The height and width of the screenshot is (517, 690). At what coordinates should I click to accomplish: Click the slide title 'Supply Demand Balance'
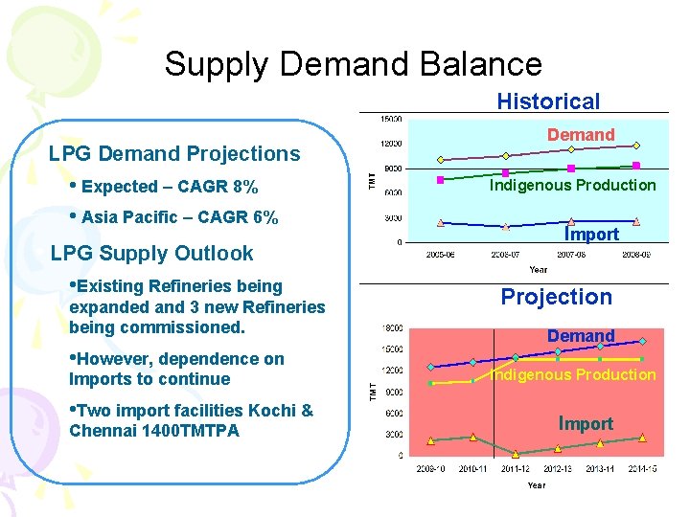(x=353, y=64)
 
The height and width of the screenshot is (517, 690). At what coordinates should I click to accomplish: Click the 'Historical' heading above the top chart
(x=548, y=101)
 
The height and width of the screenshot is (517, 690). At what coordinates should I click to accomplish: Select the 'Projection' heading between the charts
(x=556, y=297)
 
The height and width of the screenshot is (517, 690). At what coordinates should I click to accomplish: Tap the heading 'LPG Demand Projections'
(x=174, y=153)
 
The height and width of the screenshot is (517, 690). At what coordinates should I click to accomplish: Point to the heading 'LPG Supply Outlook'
(x=151, y=254)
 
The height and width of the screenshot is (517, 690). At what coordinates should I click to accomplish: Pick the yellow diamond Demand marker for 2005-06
(x=441, y=160)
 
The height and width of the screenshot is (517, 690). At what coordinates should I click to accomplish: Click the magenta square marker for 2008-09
(x=636, y=166)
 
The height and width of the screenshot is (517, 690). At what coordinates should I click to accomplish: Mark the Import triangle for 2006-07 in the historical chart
(x=506, y=227)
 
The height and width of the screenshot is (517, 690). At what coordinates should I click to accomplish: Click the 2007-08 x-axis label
(x=571, y=256)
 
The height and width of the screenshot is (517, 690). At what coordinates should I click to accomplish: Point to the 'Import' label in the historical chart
(x=591, y=234)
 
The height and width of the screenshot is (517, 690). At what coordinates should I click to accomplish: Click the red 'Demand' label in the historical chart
(x=581, y=135)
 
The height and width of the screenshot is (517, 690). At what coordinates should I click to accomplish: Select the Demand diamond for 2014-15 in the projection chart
(x=642, y=342)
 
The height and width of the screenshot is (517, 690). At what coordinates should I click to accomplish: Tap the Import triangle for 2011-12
(x=516, y=454)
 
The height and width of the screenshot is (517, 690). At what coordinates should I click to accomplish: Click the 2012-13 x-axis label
(x=558, y=469)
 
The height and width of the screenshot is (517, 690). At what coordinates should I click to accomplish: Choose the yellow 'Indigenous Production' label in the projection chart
(x=573, y=374)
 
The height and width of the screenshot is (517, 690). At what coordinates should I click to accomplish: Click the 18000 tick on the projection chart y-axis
(x=392, y=328)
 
